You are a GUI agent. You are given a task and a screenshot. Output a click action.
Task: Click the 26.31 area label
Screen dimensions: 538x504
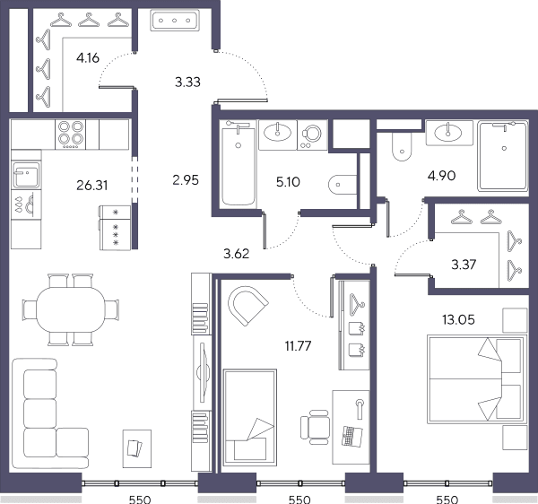[92, 186]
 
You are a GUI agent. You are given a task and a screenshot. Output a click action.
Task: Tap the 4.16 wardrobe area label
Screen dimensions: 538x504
[88, 58]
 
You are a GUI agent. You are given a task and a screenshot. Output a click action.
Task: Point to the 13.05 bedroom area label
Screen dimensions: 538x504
[458, 320]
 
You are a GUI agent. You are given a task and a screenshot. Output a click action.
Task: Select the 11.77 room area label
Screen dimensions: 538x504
[299, 346]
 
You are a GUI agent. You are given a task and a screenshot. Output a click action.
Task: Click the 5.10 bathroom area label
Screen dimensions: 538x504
[288, 182]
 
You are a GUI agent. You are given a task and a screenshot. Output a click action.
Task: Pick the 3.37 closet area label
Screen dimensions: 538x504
[464, 265]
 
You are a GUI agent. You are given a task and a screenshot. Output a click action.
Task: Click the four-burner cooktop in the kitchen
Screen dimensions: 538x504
[70, 135]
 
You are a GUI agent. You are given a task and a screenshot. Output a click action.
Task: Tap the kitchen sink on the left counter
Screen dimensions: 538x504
[26, 175]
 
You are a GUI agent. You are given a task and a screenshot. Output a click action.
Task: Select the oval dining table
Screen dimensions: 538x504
[71, 309]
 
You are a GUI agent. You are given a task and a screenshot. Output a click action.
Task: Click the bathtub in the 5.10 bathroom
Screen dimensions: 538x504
[238, 164]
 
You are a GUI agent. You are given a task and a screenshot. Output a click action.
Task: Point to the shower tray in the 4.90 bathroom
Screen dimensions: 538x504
[503, 155]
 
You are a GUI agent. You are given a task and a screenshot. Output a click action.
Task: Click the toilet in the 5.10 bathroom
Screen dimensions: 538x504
[343, 185]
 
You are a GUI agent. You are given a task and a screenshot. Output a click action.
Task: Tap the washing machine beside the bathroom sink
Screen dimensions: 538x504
[312, 135]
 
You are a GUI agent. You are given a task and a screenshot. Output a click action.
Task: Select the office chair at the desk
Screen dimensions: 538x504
[315, 427]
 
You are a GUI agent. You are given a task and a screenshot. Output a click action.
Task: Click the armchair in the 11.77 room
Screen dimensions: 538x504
[247, 305]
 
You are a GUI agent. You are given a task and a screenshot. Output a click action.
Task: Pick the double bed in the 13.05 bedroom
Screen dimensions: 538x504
[477, 379]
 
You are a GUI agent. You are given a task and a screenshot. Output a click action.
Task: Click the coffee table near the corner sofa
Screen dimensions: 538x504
[137, 448]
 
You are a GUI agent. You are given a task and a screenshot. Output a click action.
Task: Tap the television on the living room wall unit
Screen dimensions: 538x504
[204, 372]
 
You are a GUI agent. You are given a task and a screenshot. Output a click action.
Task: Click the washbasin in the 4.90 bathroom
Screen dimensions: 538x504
[447, 133]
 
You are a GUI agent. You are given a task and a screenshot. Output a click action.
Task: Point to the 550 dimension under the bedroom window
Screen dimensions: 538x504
[447, 500]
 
